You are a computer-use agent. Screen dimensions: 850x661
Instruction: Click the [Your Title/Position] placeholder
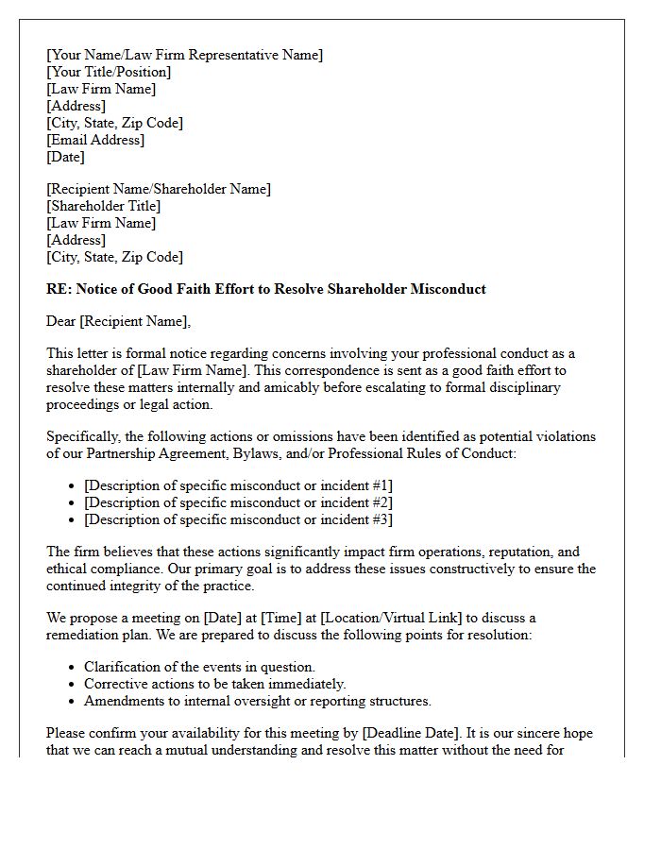click(x=109, y=72)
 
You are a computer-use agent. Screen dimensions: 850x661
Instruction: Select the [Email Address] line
click(x=95, y=140)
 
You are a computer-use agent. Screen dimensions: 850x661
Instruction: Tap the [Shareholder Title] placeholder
click(x=104, y=206)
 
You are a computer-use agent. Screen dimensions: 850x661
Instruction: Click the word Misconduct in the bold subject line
click(x=448, y=289)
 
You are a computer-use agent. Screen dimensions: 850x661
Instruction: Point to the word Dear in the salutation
click(x=60, y=322)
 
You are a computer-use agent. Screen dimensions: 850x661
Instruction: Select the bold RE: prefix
click(x=59, y=289)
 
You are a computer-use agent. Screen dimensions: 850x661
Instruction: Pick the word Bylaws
click(x=249, y=453)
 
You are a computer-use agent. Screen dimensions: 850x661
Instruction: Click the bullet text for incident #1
click(x=238, y=485)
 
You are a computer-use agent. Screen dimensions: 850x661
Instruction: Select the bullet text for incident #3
click(x=238, y=519)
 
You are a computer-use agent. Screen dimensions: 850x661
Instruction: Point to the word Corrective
click(x=117, y=684)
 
